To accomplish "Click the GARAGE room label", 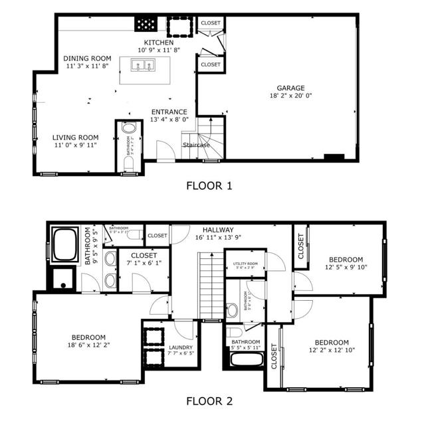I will [x=291, y=88].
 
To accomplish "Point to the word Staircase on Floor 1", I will [x=196, y=144].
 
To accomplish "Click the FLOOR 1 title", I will [x=209, y=185].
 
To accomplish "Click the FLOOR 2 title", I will [x=209, y=401].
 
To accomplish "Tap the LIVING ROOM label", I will [x=75, y=137].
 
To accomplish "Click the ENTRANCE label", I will [x=169, y=112].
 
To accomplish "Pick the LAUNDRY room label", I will [x=181, y=347].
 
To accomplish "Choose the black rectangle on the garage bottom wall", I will [x=334, y=157].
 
